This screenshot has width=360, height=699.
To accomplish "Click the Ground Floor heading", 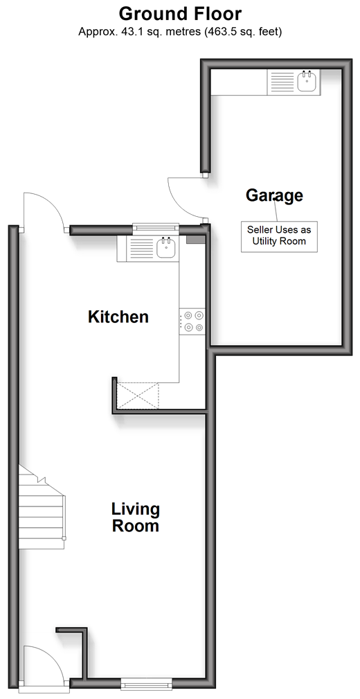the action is click(x=180, y=14).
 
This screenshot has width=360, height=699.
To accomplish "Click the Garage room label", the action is click(x=274, y=195).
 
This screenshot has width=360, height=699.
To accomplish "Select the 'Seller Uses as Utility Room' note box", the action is click(x=280, y=236).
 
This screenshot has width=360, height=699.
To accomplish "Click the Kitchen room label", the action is click(x=118, y=317).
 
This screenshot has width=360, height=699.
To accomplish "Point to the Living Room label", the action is click(x=136, y=517).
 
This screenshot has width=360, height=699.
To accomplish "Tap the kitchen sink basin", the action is click(x=166, y=248).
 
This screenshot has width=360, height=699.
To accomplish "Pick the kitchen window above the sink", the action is click(x=156, y=229).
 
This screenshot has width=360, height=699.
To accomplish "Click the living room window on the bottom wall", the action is click(x=146, y=683).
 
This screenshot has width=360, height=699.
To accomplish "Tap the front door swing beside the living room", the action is click(x=45, y=666).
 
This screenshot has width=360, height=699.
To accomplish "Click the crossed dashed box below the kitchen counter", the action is click(x=137, y=395).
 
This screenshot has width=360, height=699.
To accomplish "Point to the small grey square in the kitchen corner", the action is click(x=195, y=240).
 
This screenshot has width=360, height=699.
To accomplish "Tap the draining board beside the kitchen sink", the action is click(x=141, y=248).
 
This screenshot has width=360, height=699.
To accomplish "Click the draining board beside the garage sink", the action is click(x=282, y=82).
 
